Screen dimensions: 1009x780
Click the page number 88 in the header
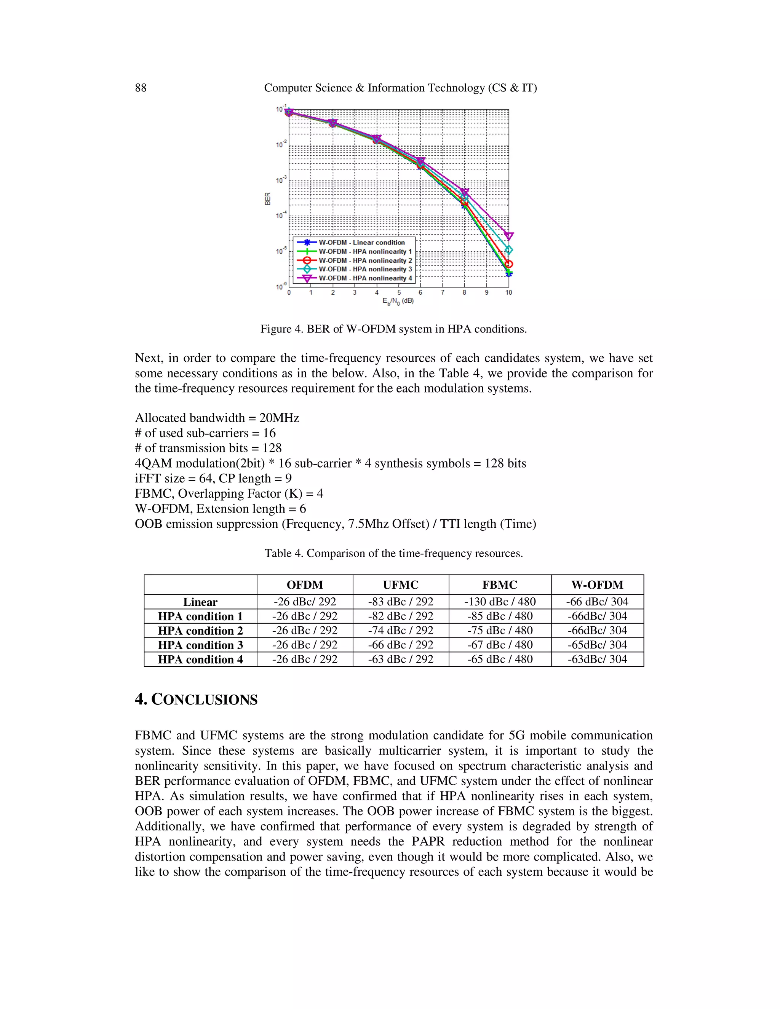(141, 88)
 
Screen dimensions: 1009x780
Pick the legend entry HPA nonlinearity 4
(365, 278)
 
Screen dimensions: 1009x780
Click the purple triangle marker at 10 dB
(509, 236)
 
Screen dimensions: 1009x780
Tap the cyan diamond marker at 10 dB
(509, 250)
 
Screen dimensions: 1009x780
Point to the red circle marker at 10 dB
(509, 264)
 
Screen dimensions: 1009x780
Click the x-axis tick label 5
(399, 292)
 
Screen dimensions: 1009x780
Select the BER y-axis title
(267, 199)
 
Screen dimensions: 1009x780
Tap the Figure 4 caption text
(393, 329)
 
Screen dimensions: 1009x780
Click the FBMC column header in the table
(500, 585)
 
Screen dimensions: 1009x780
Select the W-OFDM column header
(597, 585)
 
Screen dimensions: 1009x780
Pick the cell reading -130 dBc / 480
(500, 602)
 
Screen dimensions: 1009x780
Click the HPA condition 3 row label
(200, 645)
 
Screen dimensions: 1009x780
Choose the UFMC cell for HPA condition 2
(401, 631)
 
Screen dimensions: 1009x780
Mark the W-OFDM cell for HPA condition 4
(597, 659)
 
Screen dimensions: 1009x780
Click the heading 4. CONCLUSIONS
(196, 699)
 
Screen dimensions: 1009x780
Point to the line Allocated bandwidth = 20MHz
(217, 418)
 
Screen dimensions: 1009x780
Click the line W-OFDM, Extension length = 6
(220, 509)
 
